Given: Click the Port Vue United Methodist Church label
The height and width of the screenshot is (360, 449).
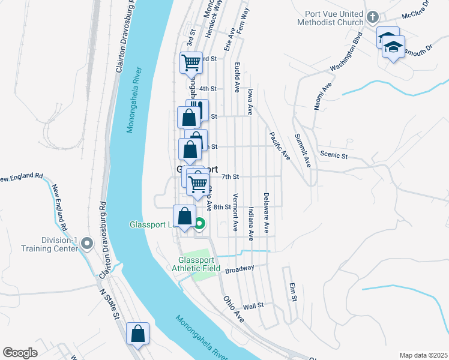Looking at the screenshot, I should coord(330,18).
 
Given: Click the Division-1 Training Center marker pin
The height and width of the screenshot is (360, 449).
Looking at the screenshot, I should coord(88,244).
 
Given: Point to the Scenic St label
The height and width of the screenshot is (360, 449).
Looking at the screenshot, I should coord(336,155).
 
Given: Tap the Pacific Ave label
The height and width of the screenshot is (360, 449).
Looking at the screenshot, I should coord(280,146).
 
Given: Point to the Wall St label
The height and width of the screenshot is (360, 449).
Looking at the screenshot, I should coord(253,306).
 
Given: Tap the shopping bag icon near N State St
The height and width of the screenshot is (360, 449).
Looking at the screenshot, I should coord(137,334).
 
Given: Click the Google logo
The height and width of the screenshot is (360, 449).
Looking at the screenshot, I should coord(20,353).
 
